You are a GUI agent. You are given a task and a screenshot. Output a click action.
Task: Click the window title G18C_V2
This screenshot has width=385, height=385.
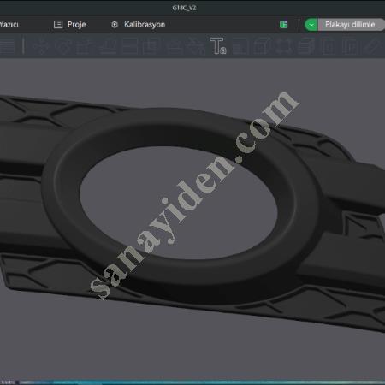pos(192,7)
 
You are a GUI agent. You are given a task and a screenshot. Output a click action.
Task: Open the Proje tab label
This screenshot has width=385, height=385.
pos(78,25)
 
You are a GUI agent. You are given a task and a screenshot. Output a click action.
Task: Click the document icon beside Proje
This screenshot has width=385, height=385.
pos(58,25)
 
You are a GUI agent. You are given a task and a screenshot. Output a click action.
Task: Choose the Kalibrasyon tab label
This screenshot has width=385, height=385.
pos(145,25)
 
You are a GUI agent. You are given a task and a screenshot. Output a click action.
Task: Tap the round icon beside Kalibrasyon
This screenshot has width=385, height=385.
pos(115,25)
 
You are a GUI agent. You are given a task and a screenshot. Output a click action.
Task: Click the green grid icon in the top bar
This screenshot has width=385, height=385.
pos(283,25)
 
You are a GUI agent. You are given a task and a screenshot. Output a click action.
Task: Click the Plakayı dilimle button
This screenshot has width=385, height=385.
pos(349,25)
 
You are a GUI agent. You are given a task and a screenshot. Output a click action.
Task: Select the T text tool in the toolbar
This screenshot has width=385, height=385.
pos(217,45)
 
